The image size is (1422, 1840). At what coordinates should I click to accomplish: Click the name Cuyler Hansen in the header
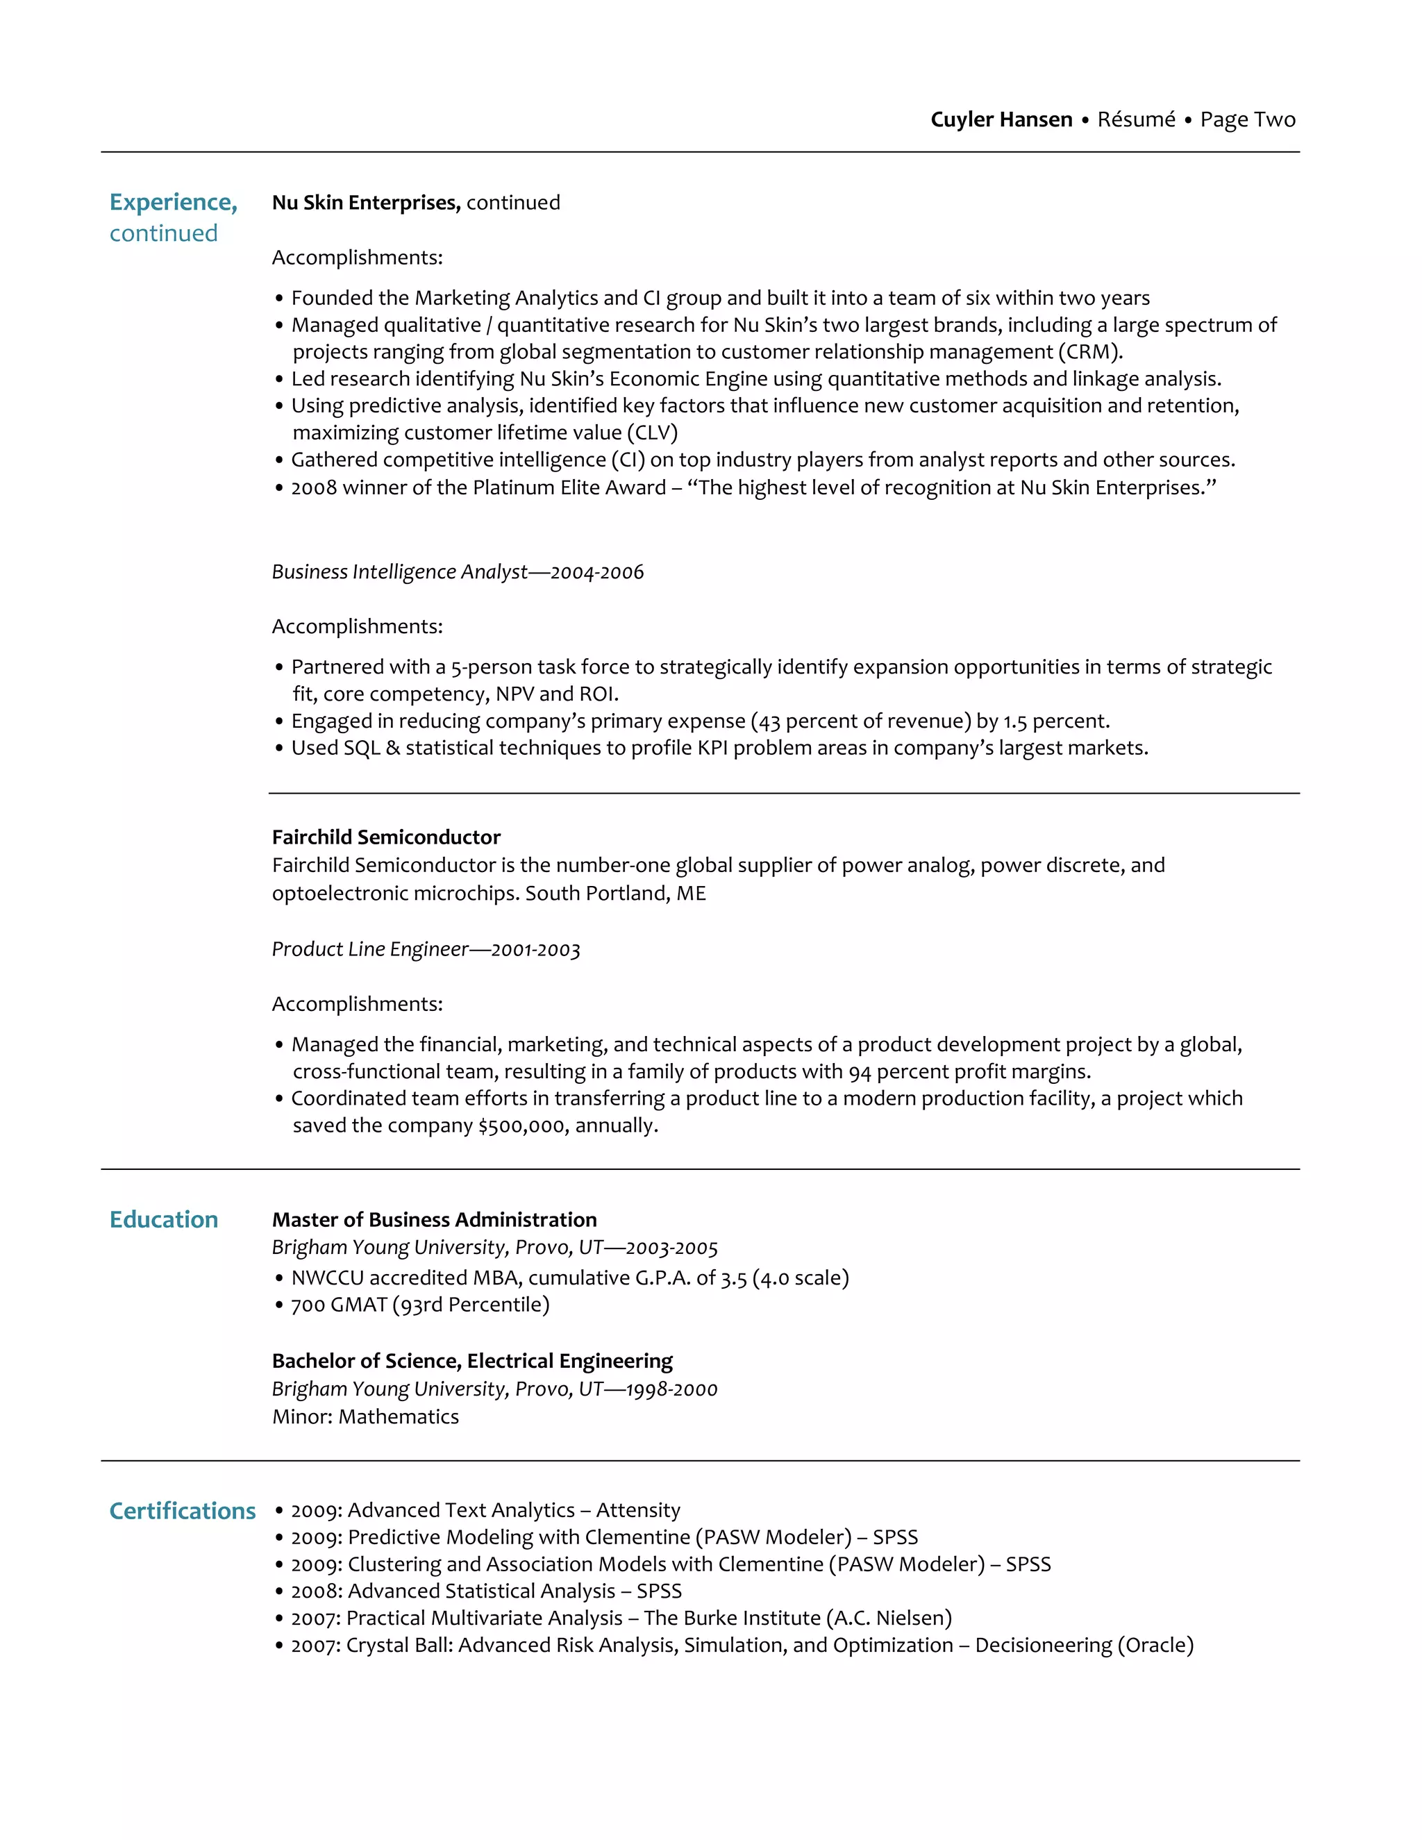(x=1001, y=119)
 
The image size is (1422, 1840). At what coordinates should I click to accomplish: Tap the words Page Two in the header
(x=1248, y=119)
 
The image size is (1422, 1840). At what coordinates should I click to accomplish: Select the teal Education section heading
(x=163, y=1219)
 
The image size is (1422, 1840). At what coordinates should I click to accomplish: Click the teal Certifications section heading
(x=182, y=1511)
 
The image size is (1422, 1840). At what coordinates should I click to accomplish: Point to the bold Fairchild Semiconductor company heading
(x=386, y=837)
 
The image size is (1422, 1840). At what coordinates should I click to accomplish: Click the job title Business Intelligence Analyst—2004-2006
(x=458, y=572)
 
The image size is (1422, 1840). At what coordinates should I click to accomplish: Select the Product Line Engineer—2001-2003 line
(x=426, y=949)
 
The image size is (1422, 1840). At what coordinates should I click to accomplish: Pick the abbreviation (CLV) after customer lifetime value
(x=652, y=433)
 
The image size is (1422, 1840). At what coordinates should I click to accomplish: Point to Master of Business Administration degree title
(x=434, y=1219)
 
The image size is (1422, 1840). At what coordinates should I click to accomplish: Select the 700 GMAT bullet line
(x=419, y=1305)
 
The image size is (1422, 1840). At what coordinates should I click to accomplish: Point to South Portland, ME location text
(x=615, y=893)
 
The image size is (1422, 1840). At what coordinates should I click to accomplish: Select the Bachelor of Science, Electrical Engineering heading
(x=471, y=1361)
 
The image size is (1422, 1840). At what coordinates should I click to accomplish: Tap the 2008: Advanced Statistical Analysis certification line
(x=486, y=1591)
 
